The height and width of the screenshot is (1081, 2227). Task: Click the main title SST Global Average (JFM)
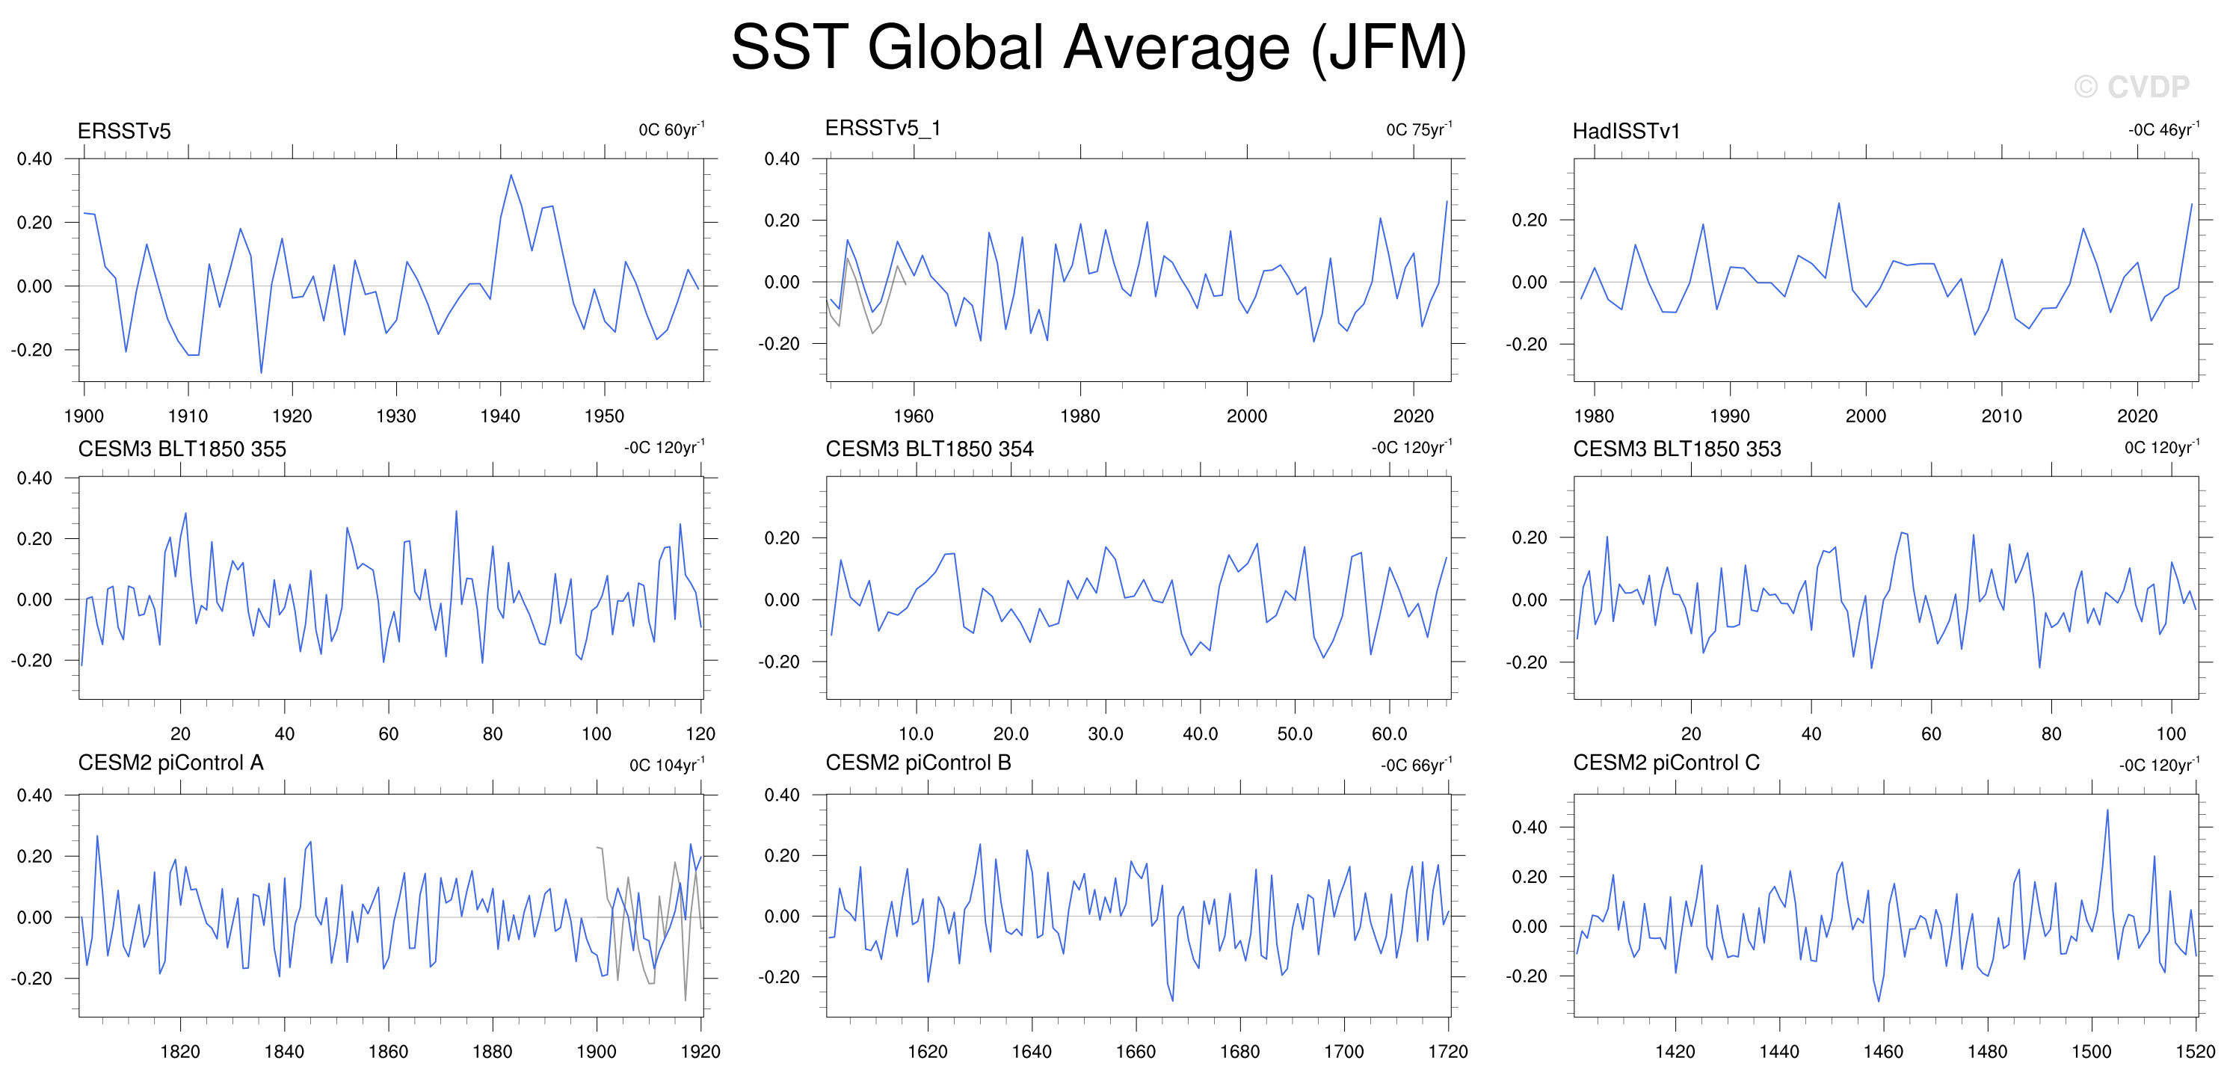(x=1099, y=48)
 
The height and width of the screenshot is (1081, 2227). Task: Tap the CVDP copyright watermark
(x=2132, y=87)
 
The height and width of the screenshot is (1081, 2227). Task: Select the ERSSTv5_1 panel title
(x=883, y=128)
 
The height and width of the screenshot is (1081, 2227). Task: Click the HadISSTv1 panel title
(x=1626, y=131)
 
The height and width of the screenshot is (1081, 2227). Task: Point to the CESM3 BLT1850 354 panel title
(x=929, y=449)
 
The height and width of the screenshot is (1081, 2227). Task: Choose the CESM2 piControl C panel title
(x=1666, y=763)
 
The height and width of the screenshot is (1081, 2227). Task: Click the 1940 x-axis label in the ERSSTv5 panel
(x=499, y=416)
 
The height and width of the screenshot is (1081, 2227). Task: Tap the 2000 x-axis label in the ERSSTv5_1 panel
(x=1247, y=416)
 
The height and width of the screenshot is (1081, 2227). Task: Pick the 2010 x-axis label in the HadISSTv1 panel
(x=2001, y=416)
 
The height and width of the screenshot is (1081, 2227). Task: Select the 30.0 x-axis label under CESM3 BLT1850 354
(x=1105, y=734)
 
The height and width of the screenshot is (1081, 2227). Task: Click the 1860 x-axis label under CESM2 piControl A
(x=388, y=1052)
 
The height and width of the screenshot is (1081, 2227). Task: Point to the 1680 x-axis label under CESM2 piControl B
(x=1239, y=1052)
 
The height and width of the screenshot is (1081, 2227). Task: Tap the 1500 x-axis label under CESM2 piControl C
(x=2091, y=1052)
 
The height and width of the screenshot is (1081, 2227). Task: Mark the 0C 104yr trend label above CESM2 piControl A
(x=668, y=765)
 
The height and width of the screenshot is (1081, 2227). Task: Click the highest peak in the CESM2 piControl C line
(x=2107, y=810)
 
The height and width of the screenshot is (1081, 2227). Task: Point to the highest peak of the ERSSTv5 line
(x=511, y=175)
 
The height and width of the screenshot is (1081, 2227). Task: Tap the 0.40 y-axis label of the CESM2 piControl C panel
(x=1530, y=828)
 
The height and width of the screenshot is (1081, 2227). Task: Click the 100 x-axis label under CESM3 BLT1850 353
(x=2171, y=734)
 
